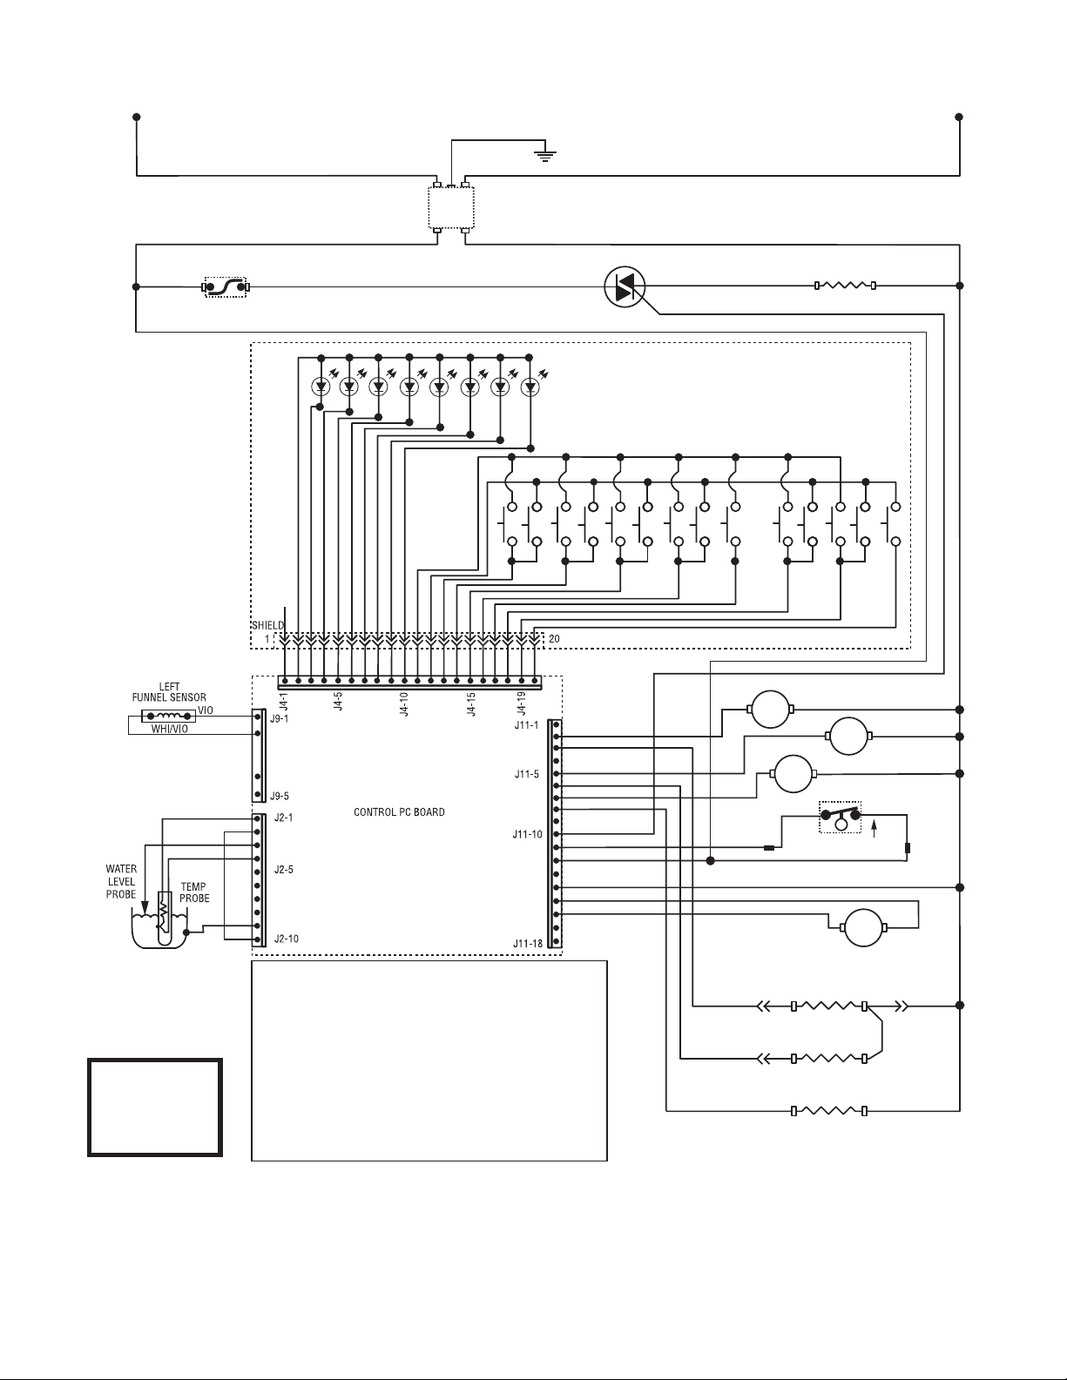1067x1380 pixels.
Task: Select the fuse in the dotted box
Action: click(x=226, y=286)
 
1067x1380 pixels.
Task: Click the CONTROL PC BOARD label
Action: click(x=399, y=812)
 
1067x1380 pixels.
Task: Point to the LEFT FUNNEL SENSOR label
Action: click(x=169, y=692)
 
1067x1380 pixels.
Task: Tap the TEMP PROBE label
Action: click(x=193, y=892)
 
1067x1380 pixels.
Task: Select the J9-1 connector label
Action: click(x=279, y=720)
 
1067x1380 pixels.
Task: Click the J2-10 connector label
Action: click(x=285, y=939)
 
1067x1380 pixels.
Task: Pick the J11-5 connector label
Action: click(x=527, y=774)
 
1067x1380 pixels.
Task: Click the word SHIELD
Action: click(x=267, y=625)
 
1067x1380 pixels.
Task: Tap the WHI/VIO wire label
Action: click(x=170, y=730)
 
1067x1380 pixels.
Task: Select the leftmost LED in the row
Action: click(x=321, y=385)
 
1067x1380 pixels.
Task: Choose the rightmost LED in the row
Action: click(x=530, y=385)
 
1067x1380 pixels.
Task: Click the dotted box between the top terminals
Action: click(x=450, y=206)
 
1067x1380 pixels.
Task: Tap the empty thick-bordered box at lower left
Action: click(x=155, y=1107)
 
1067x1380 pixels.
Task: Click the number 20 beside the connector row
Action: click(x=555, y=639)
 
